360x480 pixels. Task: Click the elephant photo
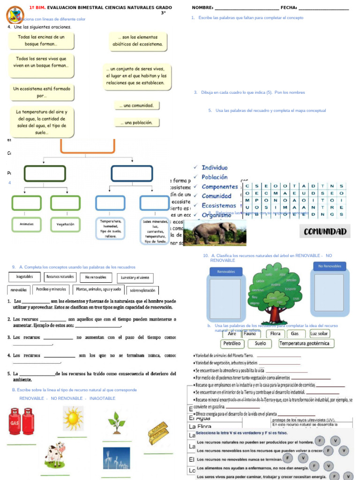pyautogui.click(x=214, y=233)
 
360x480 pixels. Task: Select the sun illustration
pyautogui.click(x=73, y=418)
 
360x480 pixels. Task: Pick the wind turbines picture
pyautogui.click(x=116, y=458)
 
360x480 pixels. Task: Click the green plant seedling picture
pyautogui.click(x=116, y=422)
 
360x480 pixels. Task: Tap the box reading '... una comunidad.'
pyautogui.click(x=136, y=105)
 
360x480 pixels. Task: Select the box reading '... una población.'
pyautogui.click(x=136, y=123)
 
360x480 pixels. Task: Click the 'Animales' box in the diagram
pyautogui.click(x=27, y=224)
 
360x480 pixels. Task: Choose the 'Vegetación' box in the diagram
pyautogui.click(x=66, y=224)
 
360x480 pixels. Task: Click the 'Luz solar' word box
pyautogui.click(x=320, y=334)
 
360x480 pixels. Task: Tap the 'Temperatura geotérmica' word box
pyautogui.click(x=304, y=344)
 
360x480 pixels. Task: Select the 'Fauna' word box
pyautogui.click(x=250, y=334)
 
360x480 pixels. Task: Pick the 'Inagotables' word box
pyautogui.click(x=24, y=277)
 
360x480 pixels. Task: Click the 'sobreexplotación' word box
pyautogui.click(x=142, y=290)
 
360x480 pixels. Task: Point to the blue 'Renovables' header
pyautogui.click(x=226, y=272)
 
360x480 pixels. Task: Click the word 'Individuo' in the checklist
pyautogui.click(x=215, y=168)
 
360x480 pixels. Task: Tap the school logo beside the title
pyautogui.click(x=15, y=15)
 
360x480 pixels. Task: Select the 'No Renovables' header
pyautogui.click(x=330, y=266)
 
